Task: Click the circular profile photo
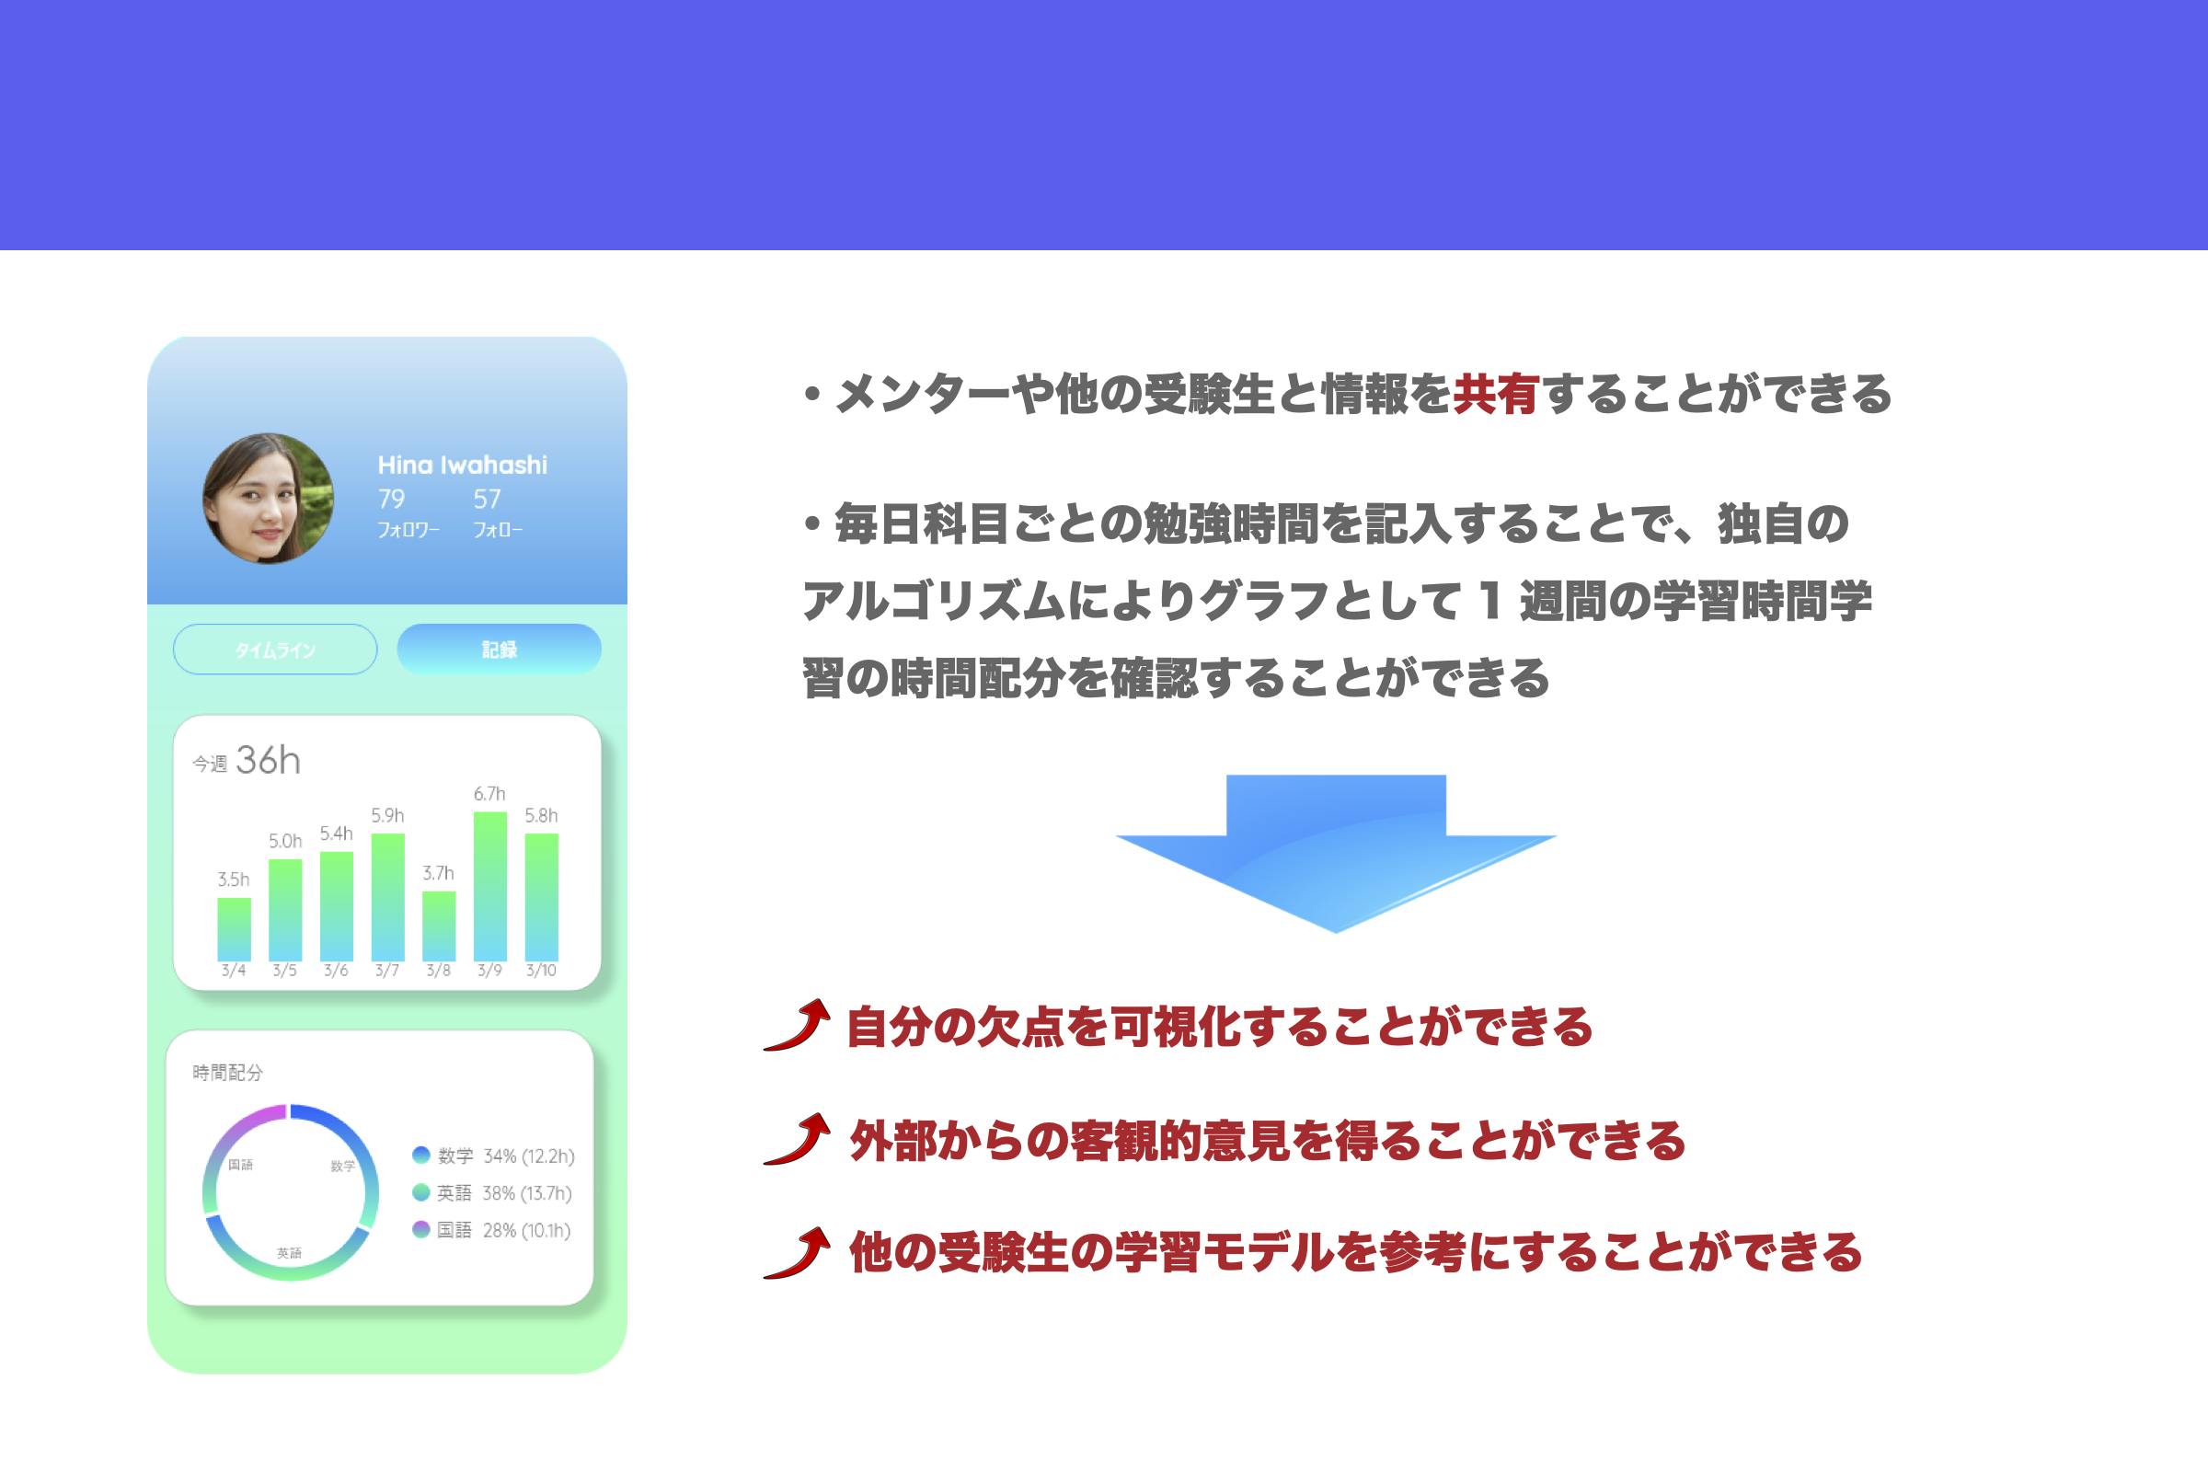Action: (x=269, y=499)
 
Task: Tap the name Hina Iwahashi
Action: (x=462, y=465)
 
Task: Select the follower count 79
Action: (x=392, y=499)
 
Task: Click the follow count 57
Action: (x=488, y=499)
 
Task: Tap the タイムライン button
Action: (x=275, y=649)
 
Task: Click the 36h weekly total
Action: (x=269, y=761)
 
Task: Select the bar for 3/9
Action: (x=490, y=886)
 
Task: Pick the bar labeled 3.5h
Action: (x=234, y=929)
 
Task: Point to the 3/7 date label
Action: (x=386, y=971)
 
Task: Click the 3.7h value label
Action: (x=439, y=873)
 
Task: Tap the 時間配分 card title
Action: (x=227, y=1072)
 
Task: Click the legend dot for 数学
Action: (x=421, y=1155)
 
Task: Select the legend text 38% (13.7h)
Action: (x=526, y=1193)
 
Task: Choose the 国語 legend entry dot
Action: (x=421, y=1229)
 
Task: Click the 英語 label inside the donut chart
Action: (x=289, y=1253)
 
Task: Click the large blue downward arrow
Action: (x=1335, y=853)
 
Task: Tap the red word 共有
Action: (x=1497, y=394)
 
